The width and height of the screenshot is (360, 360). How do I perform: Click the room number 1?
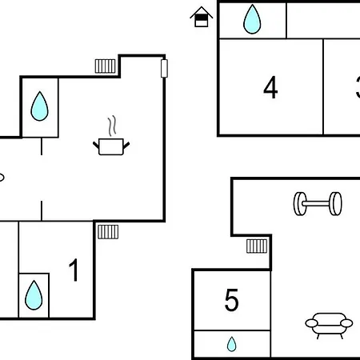tap(74, 270)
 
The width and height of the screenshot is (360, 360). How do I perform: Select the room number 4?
tap(270, 87)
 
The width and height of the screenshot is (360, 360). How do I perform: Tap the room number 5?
tap(231, 300)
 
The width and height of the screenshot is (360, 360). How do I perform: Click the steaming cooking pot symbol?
tap(111, 135)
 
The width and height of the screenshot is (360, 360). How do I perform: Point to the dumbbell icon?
tap(318, 203)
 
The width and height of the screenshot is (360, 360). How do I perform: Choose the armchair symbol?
tap(329, 326)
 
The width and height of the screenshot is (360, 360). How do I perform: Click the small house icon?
tap(202, 17)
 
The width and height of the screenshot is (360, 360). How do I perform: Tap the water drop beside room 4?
tap(252, 19)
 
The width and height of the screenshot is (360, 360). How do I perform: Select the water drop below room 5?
tap(231, 344)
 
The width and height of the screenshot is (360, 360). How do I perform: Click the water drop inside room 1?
tap(34, 295)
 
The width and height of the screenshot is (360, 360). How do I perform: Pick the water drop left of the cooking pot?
tap(39, 106)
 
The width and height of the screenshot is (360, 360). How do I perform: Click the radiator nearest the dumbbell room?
tap(257, 246)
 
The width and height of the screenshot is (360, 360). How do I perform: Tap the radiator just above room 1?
tap(108, 232)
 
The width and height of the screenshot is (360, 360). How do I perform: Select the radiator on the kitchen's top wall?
tap(106, 66)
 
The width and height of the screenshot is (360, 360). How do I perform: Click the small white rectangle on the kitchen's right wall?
tap(164, 69)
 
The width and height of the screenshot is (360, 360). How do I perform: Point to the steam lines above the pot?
tap(112, 126)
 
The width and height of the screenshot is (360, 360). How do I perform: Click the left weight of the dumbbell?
tap(299, 204)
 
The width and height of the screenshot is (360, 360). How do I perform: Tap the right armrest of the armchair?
tap(346, 323)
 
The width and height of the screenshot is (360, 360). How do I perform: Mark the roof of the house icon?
tap(202, 11)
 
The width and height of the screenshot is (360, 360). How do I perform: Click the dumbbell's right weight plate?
tap(335, 203)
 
